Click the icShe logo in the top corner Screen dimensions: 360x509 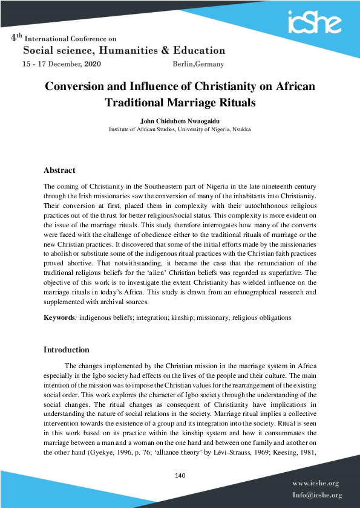314,22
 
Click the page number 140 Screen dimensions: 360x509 180,475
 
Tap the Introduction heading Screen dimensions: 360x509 67,349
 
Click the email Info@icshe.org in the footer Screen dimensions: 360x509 317,495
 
